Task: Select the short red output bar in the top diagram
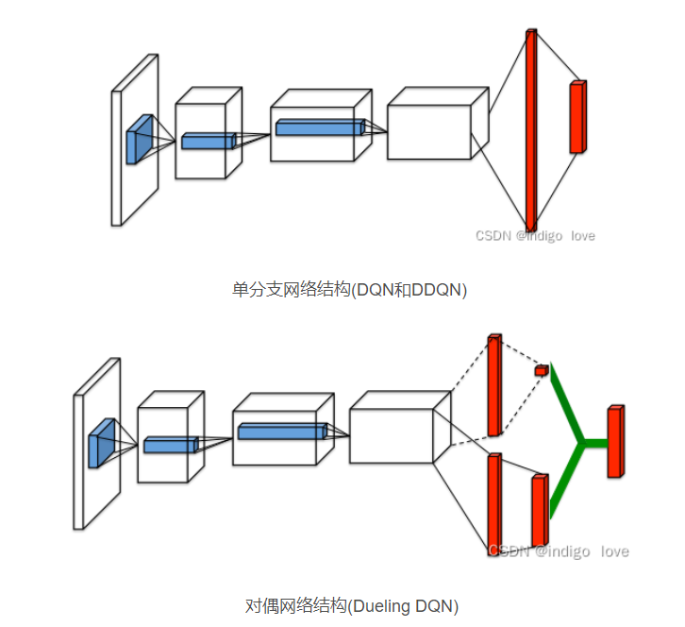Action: click(576, 117)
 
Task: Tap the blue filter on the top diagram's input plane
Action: click(140, 139)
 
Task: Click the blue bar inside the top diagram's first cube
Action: click(208, 141)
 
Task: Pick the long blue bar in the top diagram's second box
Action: click(318, 127)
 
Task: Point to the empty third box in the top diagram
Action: click(429, 131)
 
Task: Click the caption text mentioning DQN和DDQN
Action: click(349, 290)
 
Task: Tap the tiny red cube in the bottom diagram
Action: click(541, 369)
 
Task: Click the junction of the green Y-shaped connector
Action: click(583, 441)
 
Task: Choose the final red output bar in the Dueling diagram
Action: click(615, 441)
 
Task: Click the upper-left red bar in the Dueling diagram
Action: click(493, 385)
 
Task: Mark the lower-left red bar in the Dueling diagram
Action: click(493, 505)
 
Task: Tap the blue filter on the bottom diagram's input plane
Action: click(101, 443)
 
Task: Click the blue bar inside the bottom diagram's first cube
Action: click(170, 445)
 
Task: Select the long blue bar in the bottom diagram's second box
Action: click(281, 431)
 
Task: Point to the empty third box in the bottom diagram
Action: click(391, 435)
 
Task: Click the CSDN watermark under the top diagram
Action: click(535, 235)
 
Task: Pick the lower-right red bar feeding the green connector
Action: click(539, 510)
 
